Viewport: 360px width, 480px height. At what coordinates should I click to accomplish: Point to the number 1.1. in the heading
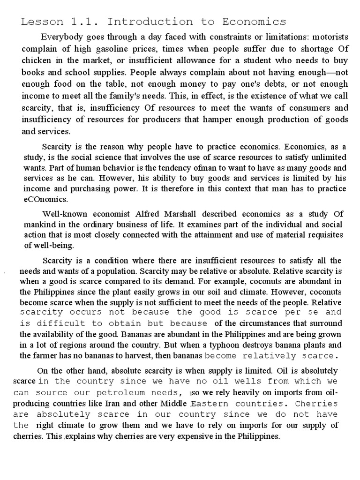pyautogui.click(x=87, y=22)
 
